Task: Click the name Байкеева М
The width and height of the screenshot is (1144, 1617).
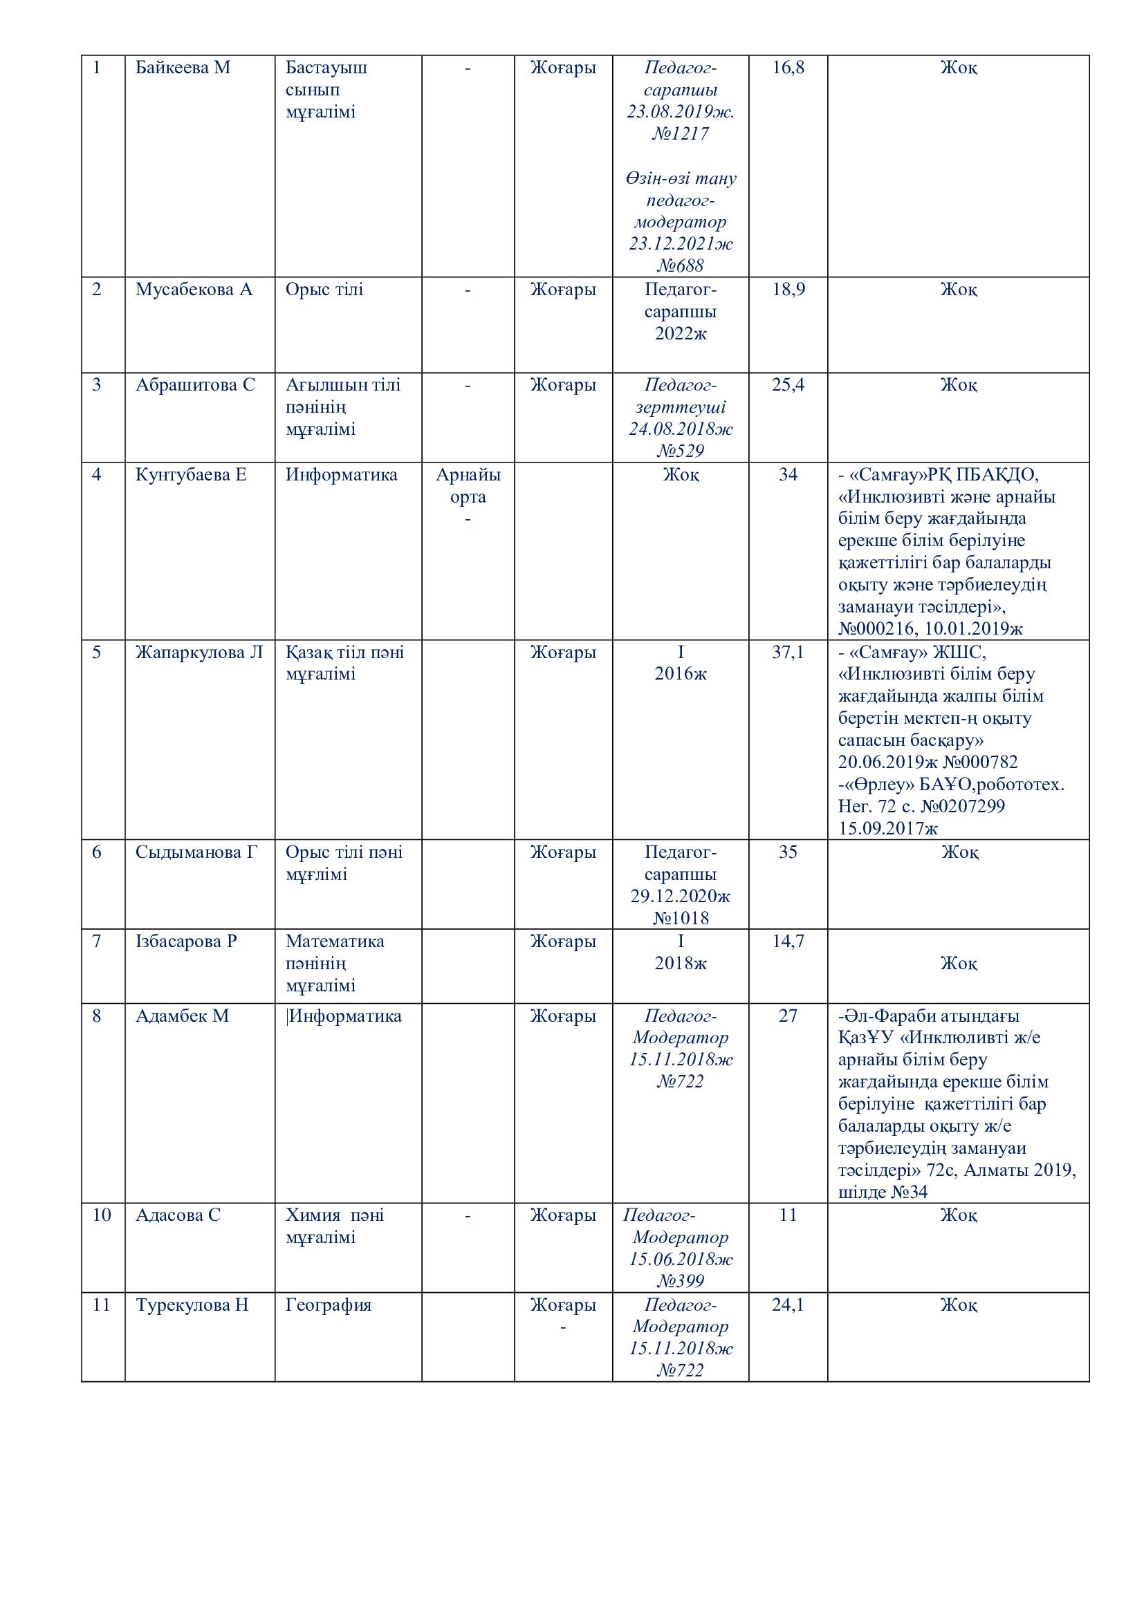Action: pyautogui.click(x=183, y=68)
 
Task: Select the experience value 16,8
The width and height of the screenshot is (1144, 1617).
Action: pyautogui.click(x=788, y=68)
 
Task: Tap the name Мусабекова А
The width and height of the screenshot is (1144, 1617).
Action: pyautogui.click(x=194, y=290)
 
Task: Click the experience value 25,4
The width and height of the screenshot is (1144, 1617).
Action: pyautogui.click(x=788, y=385)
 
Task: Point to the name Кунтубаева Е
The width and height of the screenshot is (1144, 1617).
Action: pyautogui.click(x=191, y=476)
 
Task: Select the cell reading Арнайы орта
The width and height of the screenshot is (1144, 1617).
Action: pyautogui.click(x=468, y=486)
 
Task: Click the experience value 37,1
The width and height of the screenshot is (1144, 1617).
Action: pyautogui.click(x=788, y=652)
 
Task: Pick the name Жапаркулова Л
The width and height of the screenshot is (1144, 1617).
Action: pyautogui.click(x=199, y=652)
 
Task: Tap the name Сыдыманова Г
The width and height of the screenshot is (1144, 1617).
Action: pyautogui.click(x=196, y=852)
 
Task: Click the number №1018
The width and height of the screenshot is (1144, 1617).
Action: pyautogui.click(x=681, y=918)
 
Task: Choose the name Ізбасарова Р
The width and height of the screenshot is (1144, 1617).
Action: pyautogui.click(x=186, y=941)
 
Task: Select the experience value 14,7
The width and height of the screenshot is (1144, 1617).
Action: pyautogui.click(x=788, y=941)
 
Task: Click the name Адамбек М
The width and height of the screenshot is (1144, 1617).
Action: pyautogui.click(x=182, y=1016)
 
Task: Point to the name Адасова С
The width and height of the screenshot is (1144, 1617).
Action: pyautogui.click(x=178, y=1215)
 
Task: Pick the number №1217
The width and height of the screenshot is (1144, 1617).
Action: pyautogui.click(x=681, y=134)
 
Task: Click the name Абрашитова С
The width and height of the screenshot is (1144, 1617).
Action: pyautogui.click(x=195, y=385)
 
